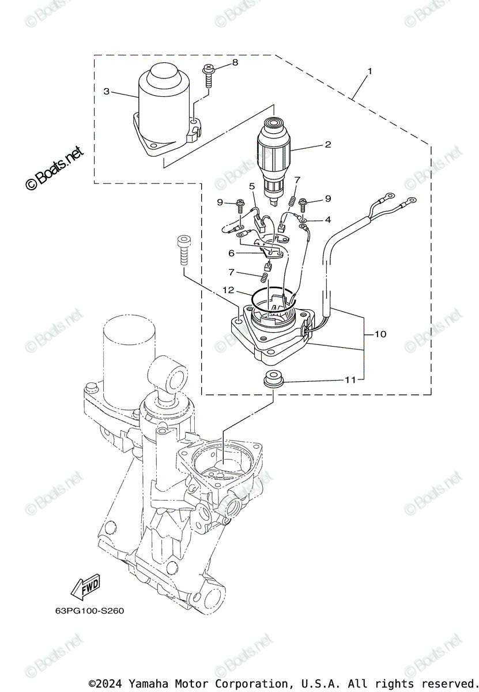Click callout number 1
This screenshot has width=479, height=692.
click(369, 72)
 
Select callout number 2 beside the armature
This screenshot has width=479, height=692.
click(327, 145)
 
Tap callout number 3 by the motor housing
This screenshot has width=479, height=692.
click(106, 91)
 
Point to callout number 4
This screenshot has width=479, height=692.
click(327, 220)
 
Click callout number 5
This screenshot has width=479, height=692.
click(252, 186)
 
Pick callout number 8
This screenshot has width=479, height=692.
click(235, 62)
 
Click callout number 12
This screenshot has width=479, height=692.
click(228, 289)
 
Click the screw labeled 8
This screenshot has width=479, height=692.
click(208, 76)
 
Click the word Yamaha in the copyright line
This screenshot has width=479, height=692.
click(149, 683)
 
